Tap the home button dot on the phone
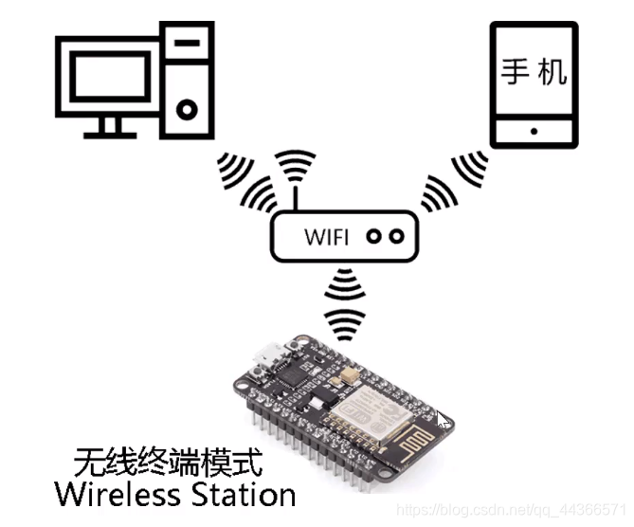point(534,131)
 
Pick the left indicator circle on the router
point(373,236)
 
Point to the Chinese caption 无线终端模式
point(167,463)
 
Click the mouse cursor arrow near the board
point(443,421)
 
